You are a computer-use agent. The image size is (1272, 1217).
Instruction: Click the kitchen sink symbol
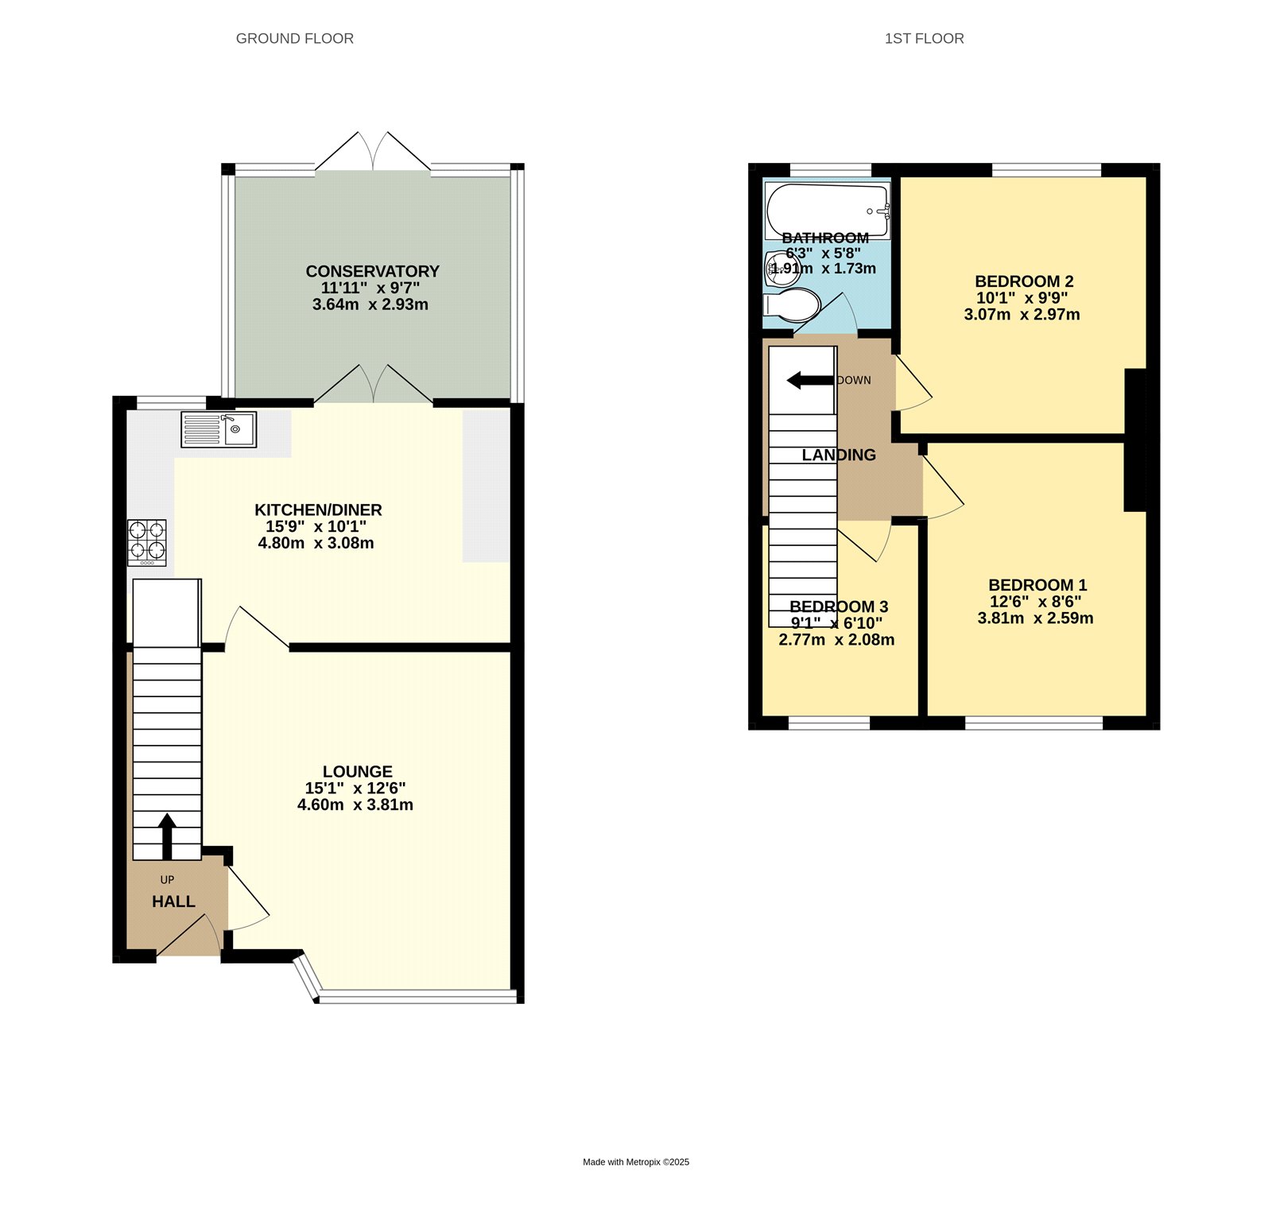coord(219,429)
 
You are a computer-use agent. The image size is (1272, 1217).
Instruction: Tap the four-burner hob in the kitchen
coord(147,542)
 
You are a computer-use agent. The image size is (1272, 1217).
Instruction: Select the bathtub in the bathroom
coord(827,211)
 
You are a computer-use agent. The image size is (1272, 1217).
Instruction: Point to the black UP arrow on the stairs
coord(167,835)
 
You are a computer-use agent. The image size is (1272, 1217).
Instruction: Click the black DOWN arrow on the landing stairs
coord(809,381)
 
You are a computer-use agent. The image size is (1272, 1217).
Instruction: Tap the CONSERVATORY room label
coord(372,271)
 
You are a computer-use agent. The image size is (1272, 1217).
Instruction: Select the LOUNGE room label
coord(357,771)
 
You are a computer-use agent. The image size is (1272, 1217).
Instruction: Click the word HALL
coord(173,901)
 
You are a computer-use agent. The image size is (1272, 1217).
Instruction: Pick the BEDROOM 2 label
coord(1023,281)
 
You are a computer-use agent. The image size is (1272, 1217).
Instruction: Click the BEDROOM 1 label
coord(1037,585)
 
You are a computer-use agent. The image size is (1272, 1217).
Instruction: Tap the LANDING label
coord(838,455)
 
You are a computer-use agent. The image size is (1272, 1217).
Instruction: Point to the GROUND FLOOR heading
coord(294,38)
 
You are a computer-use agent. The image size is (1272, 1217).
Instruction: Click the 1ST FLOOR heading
coord(924,38)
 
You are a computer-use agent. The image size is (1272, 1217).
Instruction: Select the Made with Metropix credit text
coord(636,1162)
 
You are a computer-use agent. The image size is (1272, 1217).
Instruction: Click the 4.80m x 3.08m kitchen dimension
coord(316,543)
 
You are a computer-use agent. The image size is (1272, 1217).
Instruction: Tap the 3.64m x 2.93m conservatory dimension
coord(370,304)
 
